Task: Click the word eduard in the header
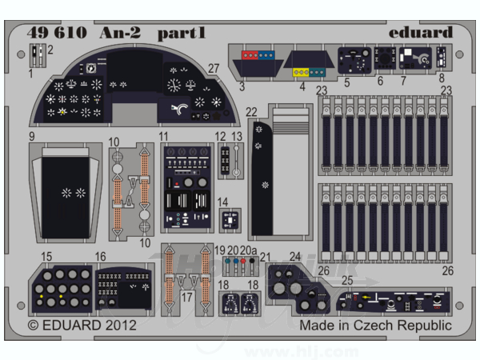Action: tap(421, 32)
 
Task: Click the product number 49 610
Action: tap(57, 33)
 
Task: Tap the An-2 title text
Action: tap(120, 33)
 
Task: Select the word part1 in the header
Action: tap(182, 34)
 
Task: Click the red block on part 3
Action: tap(250, 55)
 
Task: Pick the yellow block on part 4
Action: tap(301, 72)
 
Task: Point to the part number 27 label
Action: tap(214, 69)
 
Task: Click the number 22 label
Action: tap(251, 112)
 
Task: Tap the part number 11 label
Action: tap(163, 137)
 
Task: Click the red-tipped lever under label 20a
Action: tap(243, 266)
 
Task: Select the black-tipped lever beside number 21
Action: tap(252, 266)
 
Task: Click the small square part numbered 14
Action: tap(230, 221)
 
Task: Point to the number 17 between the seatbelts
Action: tap(186, 297)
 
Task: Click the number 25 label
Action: tap(347, 281)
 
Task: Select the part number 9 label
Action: tap(32, 137)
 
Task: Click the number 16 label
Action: tap(101, 257)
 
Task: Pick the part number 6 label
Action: tap(380, 81)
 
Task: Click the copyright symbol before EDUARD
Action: tap(33, 326)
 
